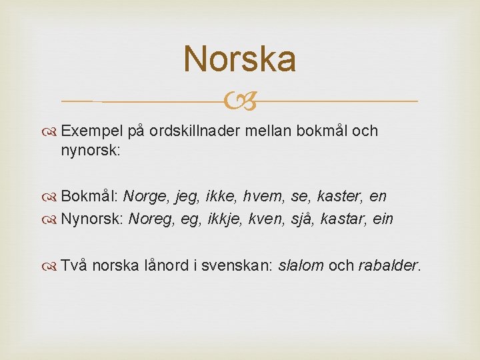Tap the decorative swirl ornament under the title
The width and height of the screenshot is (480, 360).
click(239, 102)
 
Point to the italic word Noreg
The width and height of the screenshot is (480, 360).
click(152, 219)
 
